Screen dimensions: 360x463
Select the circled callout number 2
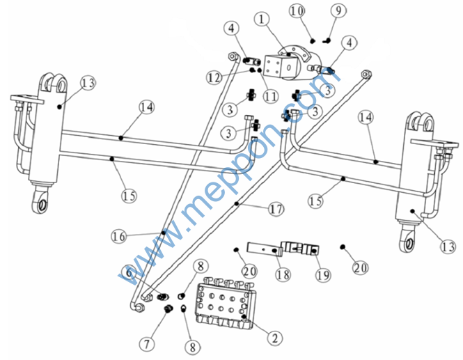point(276,338)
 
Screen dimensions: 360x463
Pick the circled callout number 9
point(338,10)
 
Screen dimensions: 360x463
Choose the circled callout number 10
point(297,10)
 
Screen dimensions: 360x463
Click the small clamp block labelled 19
point(298,248)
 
